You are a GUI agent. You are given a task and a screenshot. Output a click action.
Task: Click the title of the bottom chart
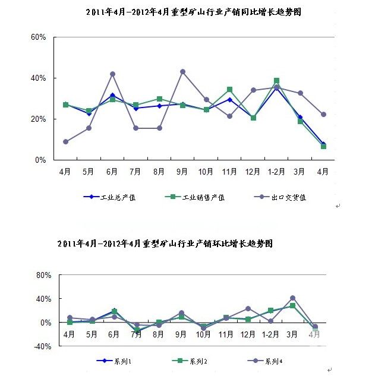tap(166, 244)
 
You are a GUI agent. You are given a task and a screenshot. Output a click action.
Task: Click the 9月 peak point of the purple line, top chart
tap(182, 72)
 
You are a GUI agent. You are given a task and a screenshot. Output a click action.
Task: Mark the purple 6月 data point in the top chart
tap(112, 74)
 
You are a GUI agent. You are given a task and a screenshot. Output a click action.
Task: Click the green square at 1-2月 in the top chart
tap(276, 81)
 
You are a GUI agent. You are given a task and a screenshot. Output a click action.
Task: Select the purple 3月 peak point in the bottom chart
tap(292, 298)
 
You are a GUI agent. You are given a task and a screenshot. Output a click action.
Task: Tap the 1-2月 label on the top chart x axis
tap(276, 171)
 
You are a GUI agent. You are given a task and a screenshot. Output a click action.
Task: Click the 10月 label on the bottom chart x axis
tap(204, 334)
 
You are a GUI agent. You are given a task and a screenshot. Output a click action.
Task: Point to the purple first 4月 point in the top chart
tap(65, 142)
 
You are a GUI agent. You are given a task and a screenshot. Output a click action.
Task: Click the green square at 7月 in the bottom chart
tap(137, 330)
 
